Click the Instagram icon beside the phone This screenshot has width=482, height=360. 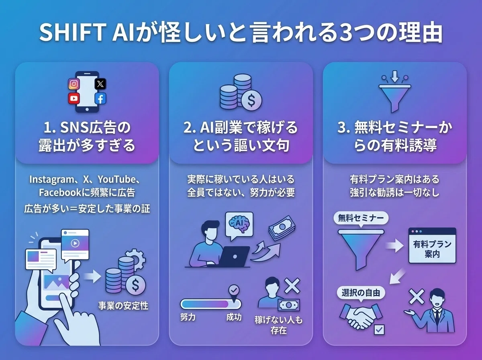74,84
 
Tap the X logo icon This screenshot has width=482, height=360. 100,84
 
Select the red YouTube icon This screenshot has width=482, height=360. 74,98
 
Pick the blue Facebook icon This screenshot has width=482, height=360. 100,98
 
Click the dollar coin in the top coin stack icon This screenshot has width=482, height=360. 251,100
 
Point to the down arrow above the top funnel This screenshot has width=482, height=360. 395,76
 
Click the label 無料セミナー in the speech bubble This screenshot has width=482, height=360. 361,218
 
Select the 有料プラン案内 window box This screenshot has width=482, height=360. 432,245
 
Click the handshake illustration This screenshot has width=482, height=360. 361,315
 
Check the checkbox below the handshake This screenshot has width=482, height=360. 379,330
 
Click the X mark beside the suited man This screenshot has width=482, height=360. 417,297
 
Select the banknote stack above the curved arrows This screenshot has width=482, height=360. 282,228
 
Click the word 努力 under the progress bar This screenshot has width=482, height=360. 188,317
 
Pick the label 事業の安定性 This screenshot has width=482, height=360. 123,305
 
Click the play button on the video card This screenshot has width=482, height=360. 75,243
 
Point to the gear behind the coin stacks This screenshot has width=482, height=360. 137,259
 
